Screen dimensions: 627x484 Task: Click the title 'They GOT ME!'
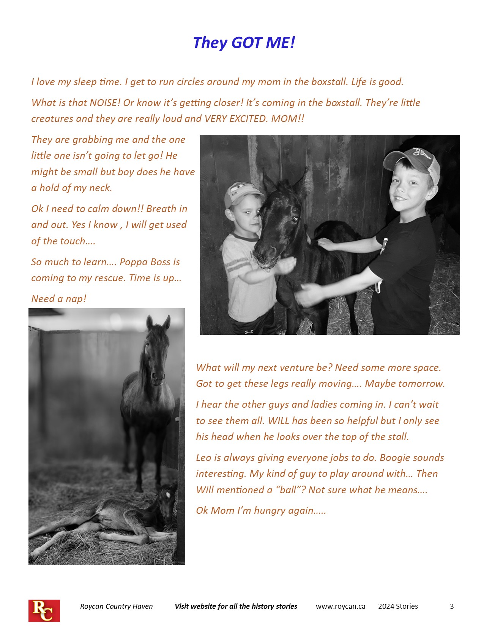pyautogui.click(x=244, y=43)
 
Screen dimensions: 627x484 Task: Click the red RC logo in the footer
pyautogui.click(x=44, y=610)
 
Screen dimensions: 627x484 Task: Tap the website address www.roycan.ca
pyautogui.click(x=341, y=606)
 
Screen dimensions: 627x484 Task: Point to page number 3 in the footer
pyautogui.click(x=452, y=606)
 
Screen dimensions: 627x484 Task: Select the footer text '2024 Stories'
pyautogui.click(x=398, y=606)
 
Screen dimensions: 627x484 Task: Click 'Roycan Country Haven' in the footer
pyautogui.click(x=116, y=606)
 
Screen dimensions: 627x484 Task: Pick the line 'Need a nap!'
pyautogui.click(x=59, y=299)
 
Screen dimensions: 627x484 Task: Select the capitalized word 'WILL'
pyautogui.click(x=279, y=421)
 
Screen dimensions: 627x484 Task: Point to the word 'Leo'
pyautogui.click(x=203, y=458)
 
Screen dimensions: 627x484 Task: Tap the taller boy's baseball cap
pyautogui.click(x=414, y=160)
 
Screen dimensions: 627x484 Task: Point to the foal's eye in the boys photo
pyautogui.click(x=294, y=219)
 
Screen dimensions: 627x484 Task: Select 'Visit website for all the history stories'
pyautogui.click(x=236, y=606)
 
